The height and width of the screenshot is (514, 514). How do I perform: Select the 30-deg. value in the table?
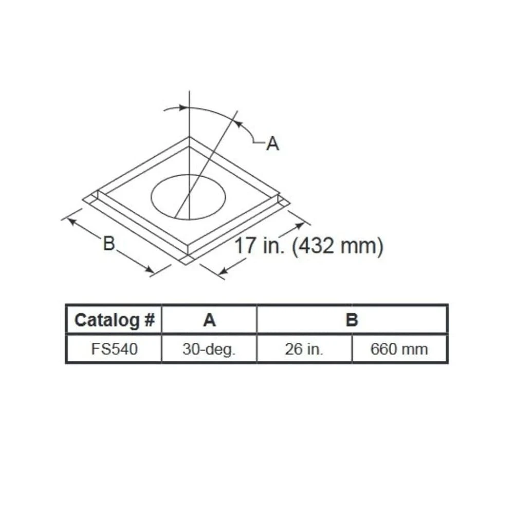point(209,350)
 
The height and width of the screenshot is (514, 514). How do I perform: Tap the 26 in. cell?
point(304,350)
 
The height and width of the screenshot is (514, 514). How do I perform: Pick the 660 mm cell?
point(399,350)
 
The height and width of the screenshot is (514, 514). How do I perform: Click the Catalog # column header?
point(114,320)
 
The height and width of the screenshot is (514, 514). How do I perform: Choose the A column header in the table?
point(209,320)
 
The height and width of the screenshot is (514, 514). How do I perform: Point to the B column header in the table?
point(352,320)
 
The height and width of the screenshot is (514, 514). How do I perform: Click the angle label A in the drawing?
point(272,144)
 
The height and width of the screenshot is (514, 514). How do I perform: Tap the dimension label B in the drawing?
point(108,243)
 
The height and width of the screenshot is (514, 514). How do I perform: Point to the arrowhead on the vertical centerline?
point(184,107)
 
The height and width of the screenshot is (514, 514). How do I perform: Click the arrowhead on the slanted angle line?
point(237,122)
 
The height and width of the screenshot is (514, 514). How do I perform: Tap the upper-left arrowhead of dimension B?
point(71,220)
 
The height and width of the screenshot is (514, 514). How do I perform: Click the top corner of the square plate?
point(190,137)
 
